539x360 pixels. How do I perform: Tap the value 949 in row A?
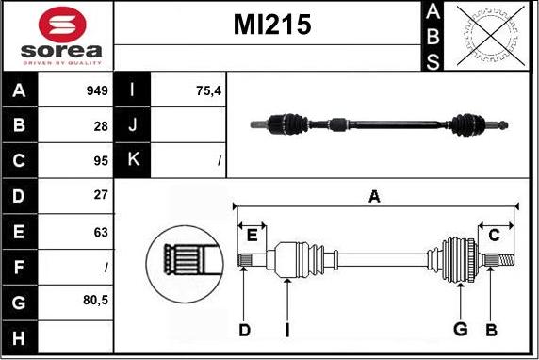97,91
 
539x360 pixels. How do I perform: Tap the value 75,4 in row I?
206,91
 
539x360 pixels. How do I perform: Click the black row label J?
131,126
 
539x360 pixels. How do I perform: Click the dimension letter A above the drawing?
374,196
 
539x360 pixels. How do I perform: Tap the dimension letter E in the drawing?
253,236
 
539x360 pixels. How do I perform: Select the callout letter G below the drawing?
461,329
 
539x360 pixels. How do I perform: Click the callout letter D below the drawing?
244,329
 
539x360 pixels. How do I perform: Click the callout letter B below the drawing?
491,329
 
